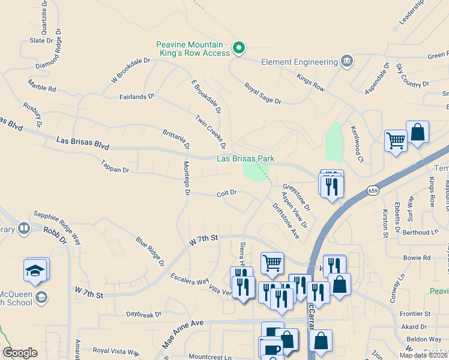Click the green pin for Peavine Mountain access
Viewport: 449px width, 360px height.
click(x=238, y=48)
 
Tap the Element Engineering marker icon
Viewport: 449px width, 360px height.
click(x=346, y=61)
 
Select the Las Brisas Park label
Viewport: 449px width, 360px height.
click(x=246, y=158)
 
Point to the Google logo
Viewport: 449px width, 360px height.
click(x=20, y=353)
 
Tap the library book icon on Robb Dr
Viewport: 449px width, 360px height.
click(x=24, y=228)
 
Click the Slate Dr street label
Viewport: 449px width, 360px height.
click(x=41, y=41)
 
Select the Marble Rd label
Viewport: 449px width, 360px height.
click(x=41, y=88)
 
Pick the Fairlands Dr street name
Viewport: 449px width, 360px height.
click(x=137, y=95)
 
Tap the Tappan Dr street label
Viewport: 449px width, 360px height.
click(x=115, y=170)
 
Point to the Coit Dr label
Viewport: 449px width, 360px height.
click(x=228, y=193)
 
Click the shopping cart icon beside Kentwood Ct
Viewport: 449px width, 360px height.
click(x=396, y=142)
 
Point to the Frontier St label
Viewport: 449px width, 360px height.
click(x=416, y=313)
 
